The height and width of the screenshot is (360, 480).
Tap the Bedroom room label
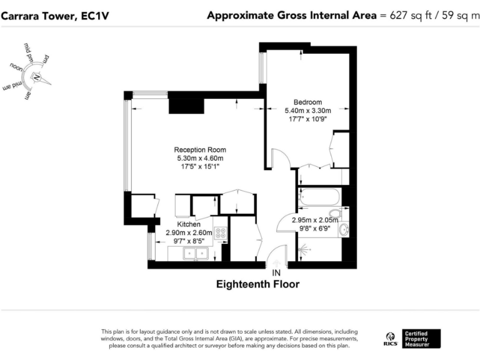coord(307,102)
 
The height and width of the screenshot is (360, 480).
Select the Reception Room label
coord(199,150)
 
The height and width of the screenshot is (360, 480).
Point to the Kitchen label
coord(189,224)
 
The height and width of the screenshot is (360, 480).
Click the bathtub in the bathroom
coord(319,199)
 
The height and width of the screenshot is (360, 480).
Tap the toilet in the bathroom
coord(335,216)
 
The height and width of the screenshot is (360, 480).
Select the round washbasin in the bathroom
coord(343,231)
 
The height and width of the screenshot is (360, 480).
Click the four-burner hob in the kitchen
coord(221,234)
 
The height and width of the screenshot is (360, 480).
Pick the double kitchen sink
coord(195,253)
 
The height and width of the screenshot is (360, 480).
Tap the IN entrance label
coord(276,273)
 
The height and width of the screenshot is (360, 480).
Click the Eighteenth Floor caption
coord(257,285)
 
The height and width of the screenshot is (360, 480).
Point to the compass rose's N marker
coord(36,77)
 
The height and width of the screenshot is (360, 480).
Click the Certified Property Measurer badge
coord(421,337)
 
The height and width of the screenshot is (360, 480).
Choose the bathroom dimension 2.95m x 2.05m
coord(312,220)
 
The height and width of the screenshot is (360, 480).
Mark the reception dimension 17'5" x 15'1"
coord(199,167)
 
